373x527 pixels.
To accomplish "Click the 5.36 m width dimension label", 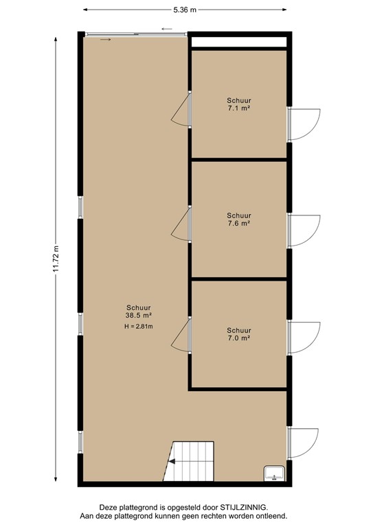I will click(x=185, y=10).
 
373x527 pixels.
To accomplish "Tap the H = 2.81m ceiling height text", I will click(x=138, y=326).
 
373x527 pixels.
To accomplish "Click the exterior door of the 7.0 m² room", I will click(x=303, y=338).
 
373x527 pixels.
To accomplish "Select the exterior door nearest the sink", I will click(x=303, y=443).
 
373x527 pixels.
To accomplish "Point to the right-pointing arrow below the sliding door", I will click(x=104, y=40).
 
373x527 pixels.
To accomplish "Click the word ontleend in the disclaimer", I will click(x=270, y=515).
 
